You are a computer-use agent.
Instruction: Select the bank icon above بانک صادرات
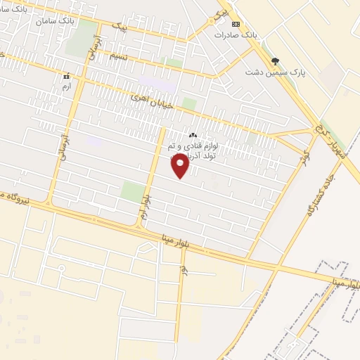coord(236,23)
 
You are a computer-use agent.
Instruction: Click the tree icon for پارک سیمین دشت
coord(274,61)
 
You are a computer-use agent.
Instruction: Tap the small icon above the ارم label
coord(67,75)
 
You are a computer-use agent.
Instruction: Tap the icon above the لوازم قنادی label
coord(193,134)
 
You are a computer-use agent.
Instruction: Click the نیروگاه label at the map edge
coord(14,196)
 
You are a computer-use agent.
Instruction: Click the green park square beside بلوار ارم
coord(132,191)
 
